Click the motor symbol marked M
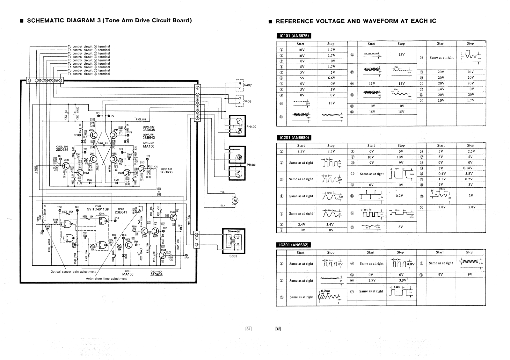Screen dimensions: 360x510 point(235,200)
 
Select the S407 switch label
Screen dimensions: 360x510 point(248,85)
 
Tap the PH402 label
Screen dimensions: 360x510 point(251,126)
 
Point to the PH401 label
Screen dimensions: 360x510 point(251,165)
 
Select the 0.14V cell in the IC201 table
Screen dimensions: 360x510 point(470,168)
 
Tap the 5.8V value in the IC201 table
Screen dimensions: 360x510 point(470,173)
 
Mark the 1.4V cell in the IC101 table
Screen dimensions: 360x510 point(441,89)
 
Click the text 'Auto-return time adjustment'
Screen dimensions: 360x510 point(106,278)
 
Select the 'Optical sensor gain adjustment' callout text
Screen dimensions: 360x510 point(73,272)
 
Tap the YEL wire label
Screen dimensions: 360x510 point(222,192)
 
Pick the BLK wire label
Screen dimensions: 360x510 point(222,205)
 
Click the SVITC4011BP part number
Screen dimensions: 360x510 point(98,209)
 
